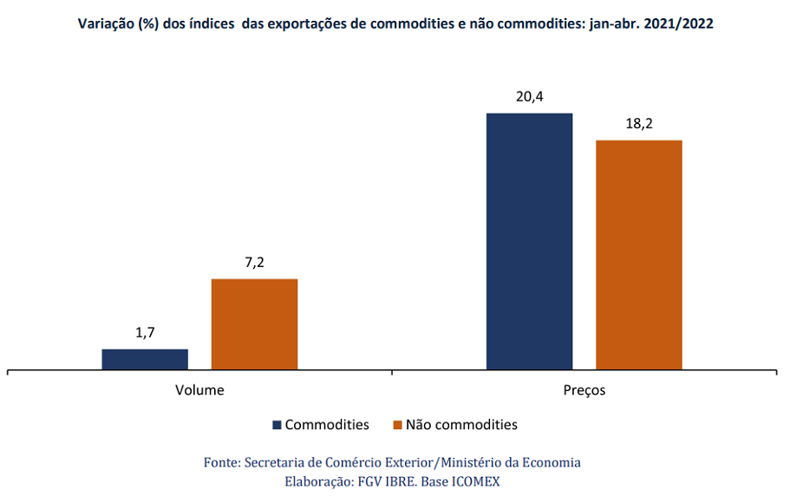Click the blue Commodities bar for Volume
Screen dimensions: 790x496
[x=145, y=359]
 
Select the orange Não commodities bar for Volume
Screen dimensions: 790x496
[x=254, y=324]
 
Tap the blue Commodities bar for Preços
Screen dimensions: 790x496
[x=530, y=241]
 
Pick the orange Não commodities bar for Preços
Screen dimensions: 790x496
[x=639, y=255]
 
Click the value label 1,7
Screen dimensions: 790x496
[x=145, y=332]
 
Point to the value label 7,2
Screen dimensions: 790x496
[x=254, y=263]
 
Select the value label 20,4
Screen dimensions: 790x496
[x=530, y=96]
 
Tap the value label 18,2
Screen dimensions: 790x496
[x=639, y=123]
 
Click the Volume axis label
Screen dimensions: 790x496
[x=199, y=390]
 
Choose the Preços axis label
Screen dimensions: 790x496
[x=584, y=390]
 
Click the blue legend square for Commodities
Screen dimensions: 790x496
[x=277, y=425]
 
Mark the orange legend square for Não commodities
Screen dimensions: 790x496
[x=397, y=425]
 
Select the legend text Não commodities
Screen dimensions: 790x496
[x=461, y=425]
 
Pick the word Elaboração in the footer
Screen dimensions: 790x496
[x=319, y=482]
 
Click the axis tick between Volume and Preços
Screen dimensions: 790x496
[x=392, y=372]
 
